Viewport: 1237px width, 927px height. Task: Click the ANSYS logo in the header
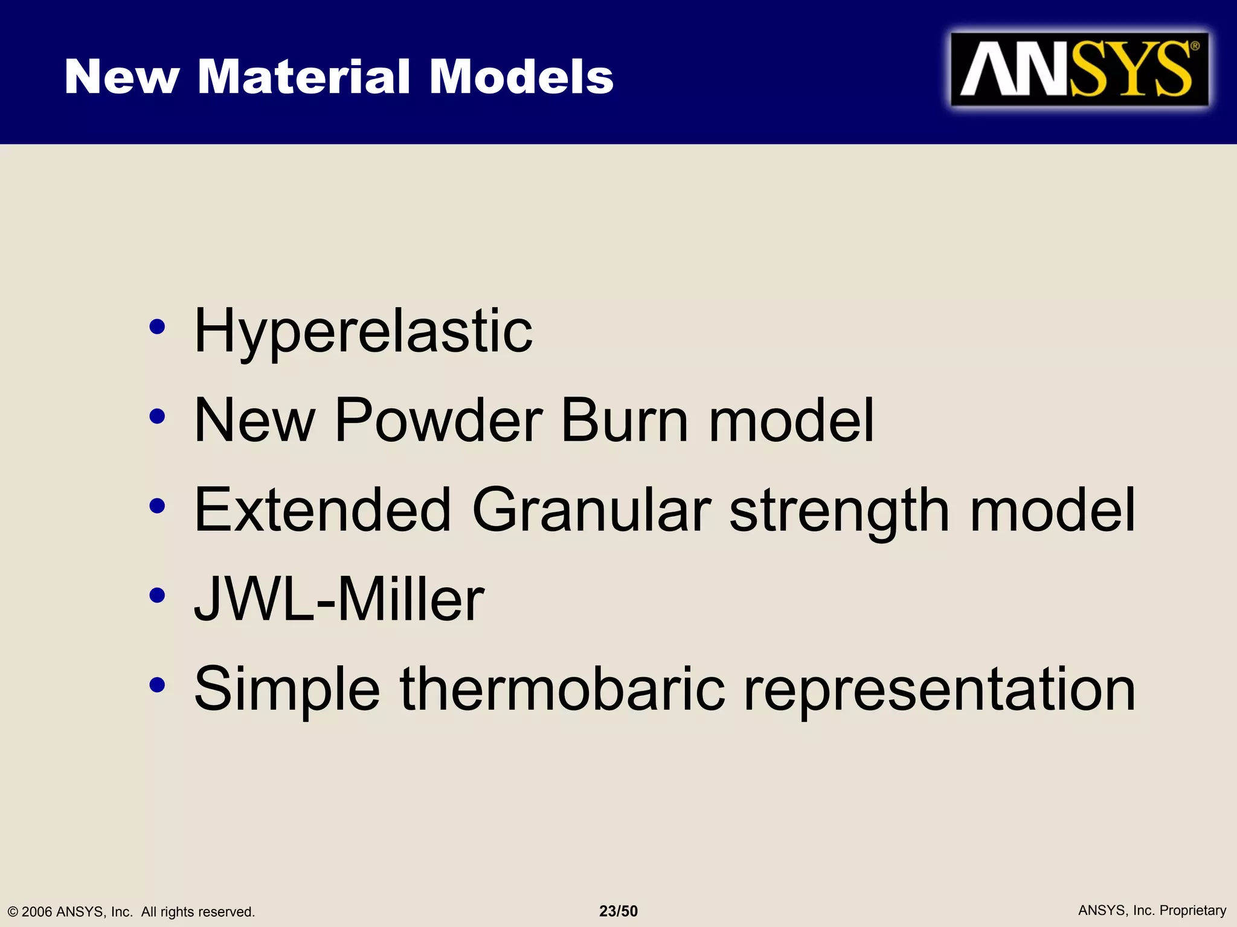point(1079,69)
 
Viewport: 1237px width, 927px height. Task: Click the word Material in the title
point(304,77)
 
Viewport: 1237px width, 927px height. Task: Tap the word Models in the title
point(521,77)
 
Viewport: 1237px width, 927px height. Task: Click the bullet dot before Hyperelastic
point(157,327)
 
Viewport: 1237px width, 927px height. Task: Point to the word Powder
point(438,420)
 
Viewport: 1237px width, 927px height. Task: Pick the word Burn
point(625,420)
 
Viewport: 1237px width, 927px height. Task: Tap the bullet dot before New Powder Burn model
point(157,416)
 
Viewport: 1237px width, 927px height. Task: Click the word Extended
point(323,510)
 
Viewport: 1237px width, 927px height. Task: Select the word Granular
point(591,510)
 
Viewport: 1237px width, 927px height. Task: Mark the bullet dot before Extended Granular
point(157,506)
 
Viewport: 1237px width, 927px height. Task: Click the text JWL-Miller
point(339,599)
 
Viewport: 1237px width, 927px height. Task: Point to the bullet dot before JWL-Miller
point(157,595)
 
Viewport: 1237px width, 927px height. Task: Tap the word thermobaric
point(562,689)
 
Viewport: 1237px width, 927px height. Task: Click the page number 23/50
point(618,911)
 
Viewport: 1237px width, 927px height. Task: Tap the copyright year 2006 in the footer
point(37,912)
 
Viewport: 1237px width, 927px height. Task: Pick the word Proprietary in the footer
point(1192,911)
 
